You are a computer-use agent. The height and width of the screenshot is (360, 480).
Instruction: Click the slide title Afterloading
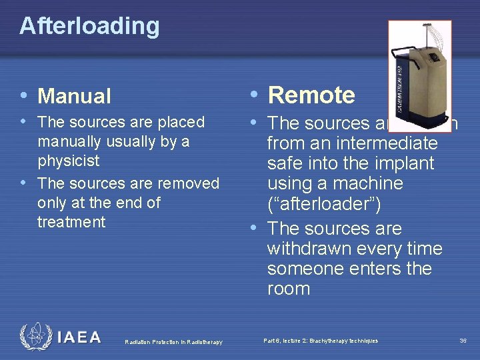89,26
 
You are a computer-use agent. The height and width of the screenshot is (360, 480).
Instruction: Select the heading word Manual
75,97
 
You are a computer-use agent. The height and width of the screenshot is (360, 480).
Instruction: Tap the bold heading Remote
311,95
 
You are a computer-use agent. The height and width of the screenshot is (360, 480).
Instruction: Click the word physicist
69,161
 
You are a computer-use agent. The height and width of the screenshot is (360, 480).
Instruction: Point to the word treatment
71,222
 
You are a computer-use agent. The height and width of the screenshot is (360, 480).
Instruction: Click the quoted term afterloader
324,205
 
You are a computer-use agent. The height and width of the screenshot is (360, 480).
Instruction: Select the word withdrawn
309,249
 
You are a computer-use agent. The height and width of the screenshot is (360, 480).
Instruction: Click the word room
288,289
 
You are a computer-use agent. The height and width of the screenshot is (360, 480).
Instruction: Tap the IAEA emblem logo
35,337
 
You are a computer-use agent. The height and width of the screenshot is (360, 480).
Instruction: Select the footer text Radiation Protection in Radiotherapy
174,342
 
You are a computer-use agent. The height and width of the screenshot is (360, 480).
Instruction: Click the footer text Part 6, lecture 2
320,341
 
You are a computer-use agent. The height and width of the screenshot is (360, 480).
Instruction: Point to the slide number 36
463,341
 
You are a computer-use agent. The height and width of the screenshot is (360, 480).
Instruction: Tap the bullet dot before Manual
25,95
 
